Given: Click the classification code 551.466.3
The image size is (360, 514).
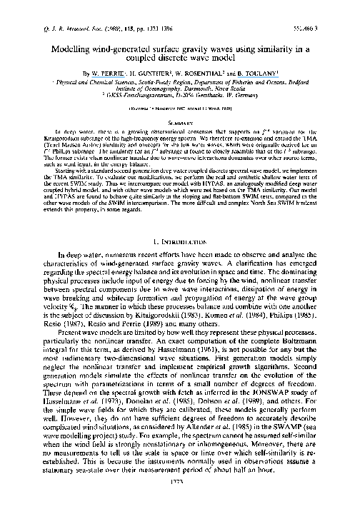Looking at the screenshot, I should coord(328,11).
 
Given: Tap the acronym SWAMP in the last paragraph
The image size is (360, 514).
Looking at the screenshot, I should coord(294,423).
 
